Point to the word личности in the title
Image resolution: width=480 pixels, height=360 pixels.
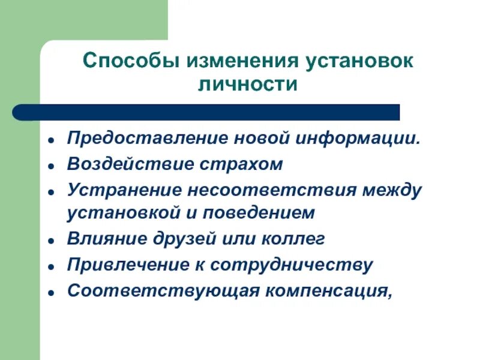tap(248, 84)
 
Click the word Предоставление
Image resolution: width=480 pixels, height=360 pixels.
tap(136, 139)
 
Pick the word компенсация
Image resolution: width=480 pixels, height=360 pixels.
tap(326, 290)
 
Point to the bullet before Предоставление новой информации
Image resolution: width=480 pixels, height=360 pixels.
tap(53, 140)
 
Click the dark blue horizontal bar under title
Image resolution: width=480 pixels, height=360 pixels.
tap(198, 112)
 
